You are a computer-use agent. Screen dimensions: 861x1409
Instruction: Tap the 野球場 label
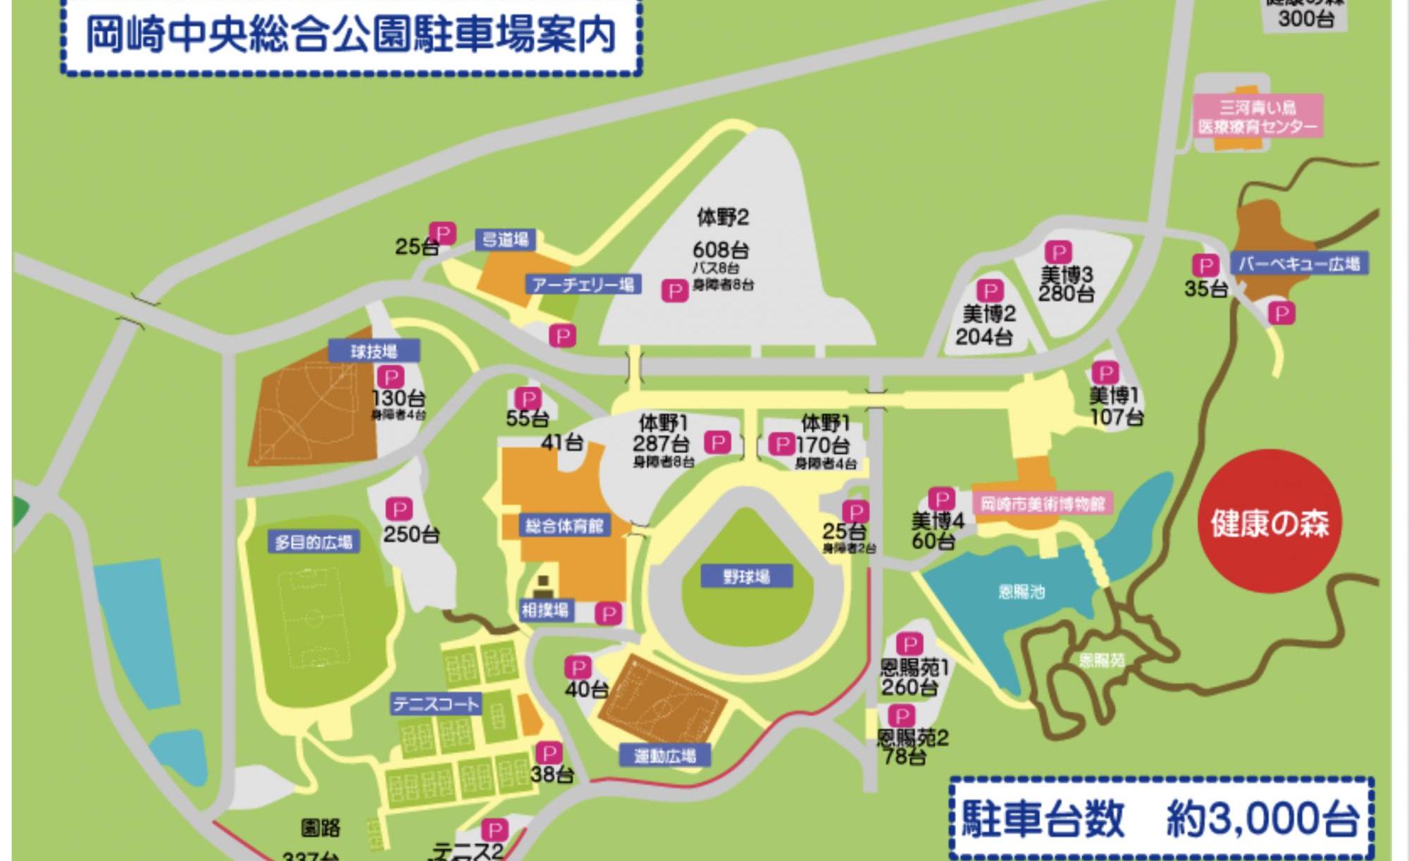(x=747, y=576)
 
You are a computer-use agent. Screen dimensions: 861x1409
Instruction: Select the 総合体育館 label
(x=564, y=526)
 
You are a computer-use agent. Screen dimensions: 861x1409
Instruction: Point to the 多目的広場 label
(x=314, y=543)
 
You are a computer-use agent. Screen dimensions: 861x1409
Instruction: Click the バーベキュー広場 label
(x=1299, y=264)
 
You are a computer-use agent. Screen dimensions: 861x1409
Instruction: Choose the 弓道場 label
(x=505, y=240)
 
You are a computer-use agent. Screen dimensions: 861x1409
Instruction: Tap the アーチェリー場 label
(x=583, y=284)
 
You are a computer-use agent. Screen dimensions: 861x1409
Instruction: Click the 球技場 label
(x=374, y=351)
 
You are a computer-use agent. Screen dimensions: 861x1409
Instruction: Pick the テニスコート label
(x=436, y=703)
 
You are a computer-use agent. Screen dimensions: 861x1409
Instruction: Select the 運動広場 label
(x=664, y=756)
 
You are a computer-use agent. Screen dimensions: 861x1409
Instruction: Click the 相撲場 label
(x=545, y=609)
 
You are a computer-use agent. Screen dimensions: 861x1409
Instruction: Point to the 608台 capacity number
(x=721, y=249)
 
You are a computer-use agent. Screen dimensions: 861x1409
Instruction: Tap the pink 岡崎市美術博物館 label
(x=1043, y=504)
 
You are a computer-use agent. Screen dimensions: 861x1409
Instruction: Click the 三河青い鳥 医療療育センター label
(x=1258, y=117)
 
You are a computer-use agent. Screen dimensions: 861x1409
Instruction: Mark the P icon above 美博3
(x=1058, y=252)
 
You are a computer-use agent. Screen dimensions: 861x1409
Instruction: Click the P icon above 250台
(x=399, y=509)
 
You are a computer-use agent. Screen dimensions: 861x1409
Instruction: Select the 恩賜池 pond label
(x=1022, y=592)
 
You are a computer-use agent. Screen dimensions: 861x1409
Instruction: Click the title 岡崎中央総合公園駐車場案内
(x=351, y=35)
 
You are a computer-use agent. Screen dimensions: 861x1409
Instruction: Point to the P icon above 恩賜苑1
(x=909, y=644)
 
